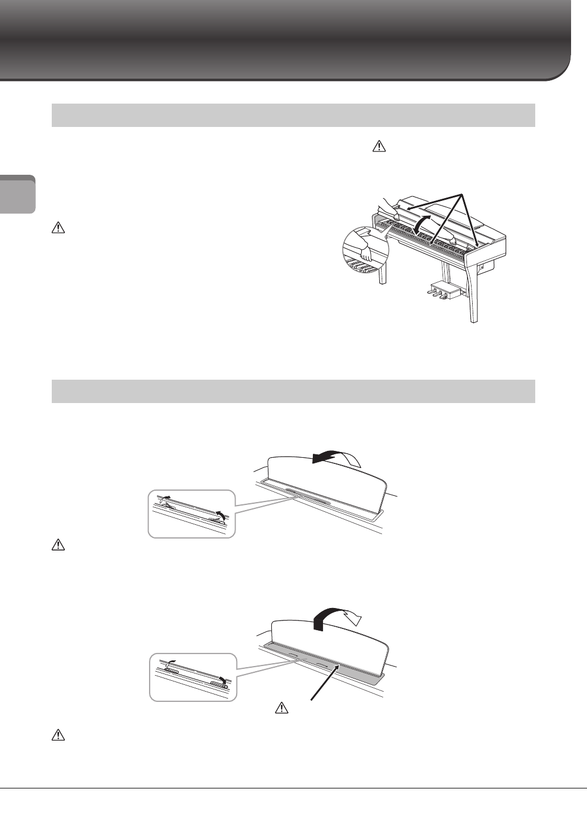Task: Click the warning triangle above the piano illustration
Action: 376,147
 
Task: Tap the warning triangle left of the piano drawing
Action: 57,229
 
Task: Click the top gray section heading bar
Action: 293,115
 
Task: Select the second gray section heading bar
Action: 293,391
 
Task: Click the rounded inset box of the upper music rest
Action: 191,513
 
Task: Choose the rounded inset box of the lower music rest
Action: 192,677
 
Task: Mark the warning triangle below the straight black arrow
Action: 280,708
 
